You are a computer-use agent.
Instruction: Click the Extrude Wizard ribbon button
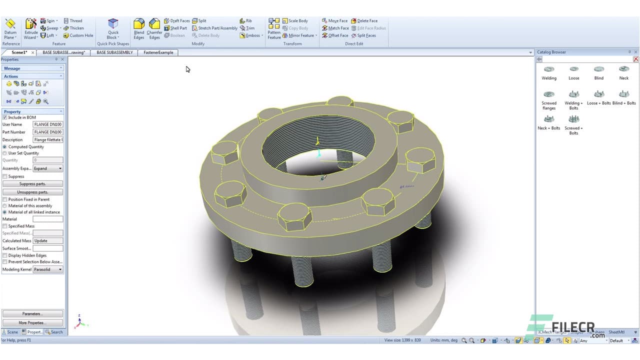(31, 29)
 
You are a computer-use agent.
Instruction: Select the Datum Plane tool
(10, 29)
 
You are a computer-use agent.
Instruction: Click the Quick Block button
(113, 29)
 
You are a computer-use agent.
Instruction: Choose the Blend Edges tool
(139, 29)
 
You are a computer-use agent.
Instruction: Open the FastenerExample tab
(158, 52)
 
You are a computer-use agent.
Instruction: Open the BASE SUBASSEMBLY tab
(114, 52)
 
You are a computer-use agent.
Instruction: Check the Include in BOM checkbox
(5, 117)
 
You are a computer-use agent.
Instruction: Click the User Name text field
(47, 124)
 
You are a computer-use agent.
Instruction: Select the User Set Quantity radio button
(5, 153)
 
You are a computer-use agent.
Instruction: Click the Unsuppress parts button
(32, 192)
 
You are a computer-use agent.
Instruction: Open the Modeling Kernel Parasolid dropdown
(48, 269)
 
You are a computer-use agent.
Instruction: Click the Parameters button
(32, 314)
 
